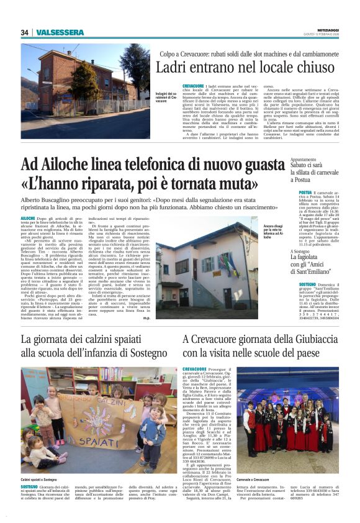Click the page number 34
[x=24, y=32]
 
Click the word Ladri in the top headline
[x=172, y=68]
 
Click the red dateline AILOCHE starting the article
[x=28, y=219]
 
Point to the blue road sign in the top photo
[x=66, y=98]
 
